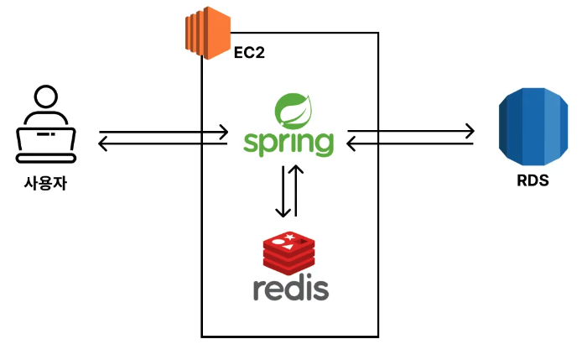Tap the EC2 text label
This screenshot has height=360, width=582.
[250, 54]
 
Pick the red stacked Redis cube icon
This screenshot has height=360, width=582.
[288, 249]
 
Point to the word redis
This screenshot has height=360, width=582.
[290, 286]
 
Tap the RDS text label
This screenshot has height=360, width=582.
[533, 180]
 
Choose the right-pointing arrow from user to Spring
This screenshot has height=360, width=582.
[164, 132]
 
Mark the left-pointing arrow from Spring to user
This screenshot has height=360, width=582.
[164, 143]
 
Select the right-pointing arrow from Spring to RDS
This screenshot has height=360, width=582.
[411, 131]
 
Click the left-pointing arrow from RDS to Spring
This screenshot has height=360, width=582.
[411, 143]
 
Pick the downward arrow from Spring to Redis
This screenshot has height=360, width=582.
[283, 194]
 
